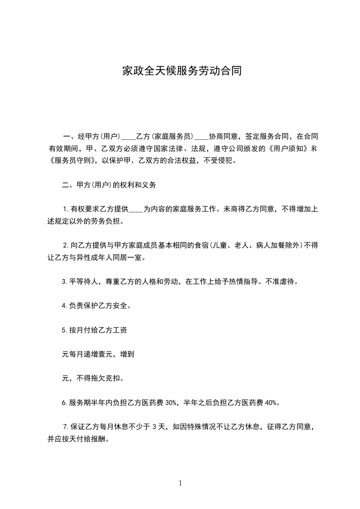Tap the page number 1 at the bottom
[180, 483]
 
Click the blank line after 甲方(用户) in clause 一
[128, 137]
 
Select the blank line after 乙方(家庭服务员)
[202, 137]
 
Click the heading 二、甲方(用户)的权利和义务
[108, 185]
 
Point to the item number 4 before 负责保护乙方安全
[64, 305]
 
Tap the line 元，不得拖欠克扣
[92, 378]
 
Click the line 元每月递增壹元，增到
[98, 354]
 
